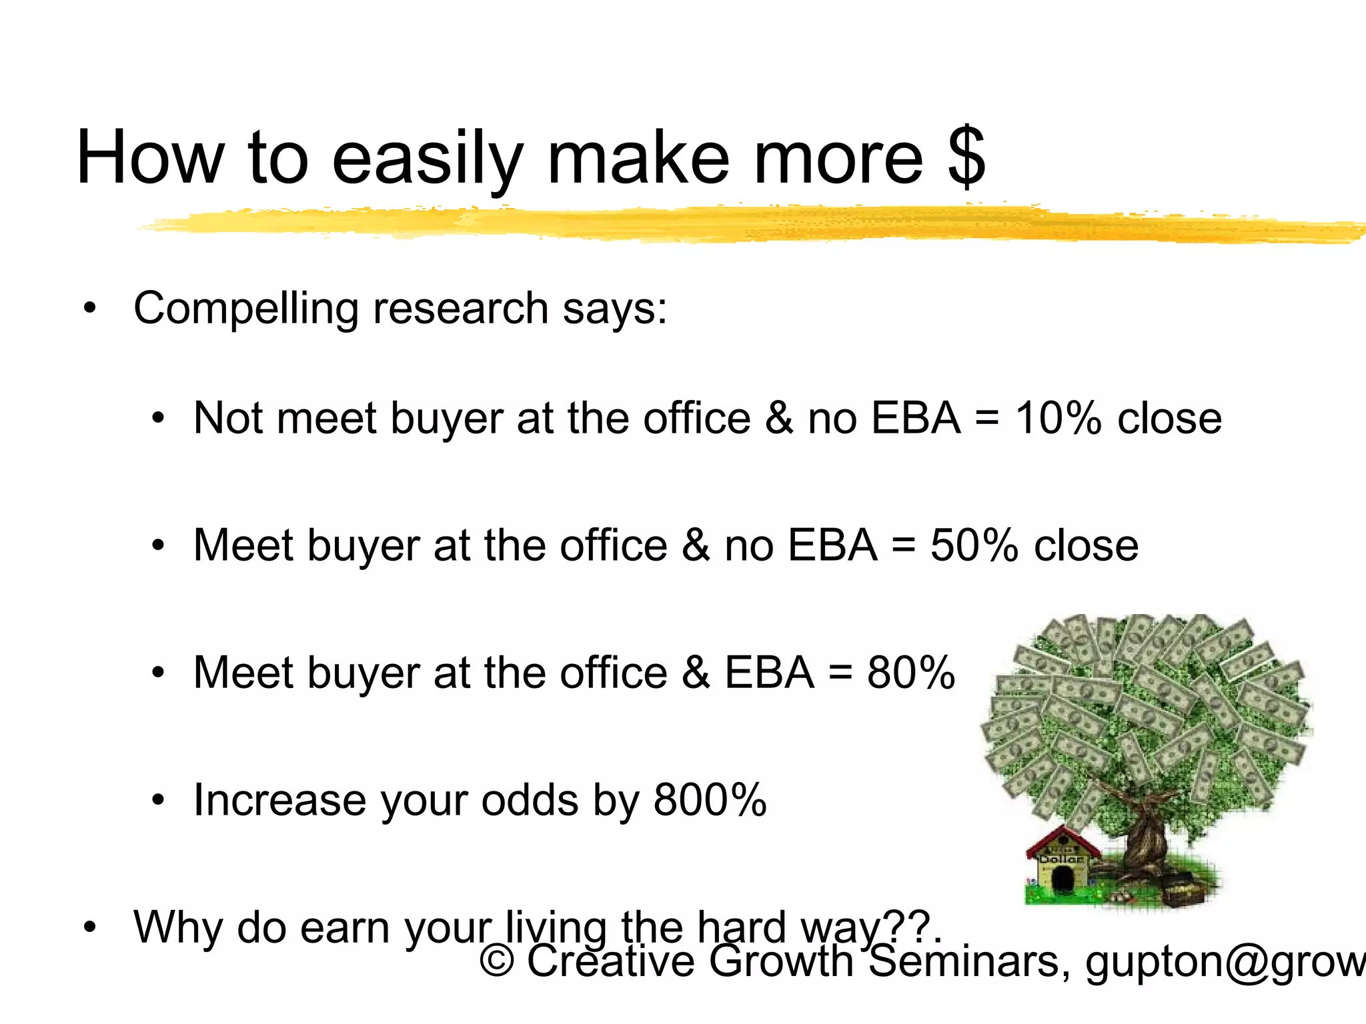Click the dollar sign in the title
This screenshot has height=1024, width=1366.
click(966, 159)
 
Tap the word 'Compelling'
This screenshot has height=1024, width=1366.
click(247, 309)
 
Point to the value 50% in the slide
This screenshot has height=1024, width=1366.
click(974, 545)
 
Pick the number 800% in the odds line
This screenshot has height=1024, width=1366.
click(710, 800)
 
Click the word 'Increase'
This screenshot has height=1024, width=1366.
click(279, 800)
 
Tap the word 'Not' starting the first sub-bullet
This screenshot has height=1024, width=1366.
click(227, 419)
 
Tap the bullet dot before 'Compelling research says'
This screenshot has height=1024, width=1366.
click(89, 309)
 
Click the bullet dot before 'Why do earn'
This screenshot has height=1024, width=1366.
click(89, 927)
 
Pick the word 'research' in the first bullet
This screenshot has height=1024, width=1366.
click(460, 309)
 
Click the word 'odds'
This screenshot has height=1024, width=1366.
click(530, 800)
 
